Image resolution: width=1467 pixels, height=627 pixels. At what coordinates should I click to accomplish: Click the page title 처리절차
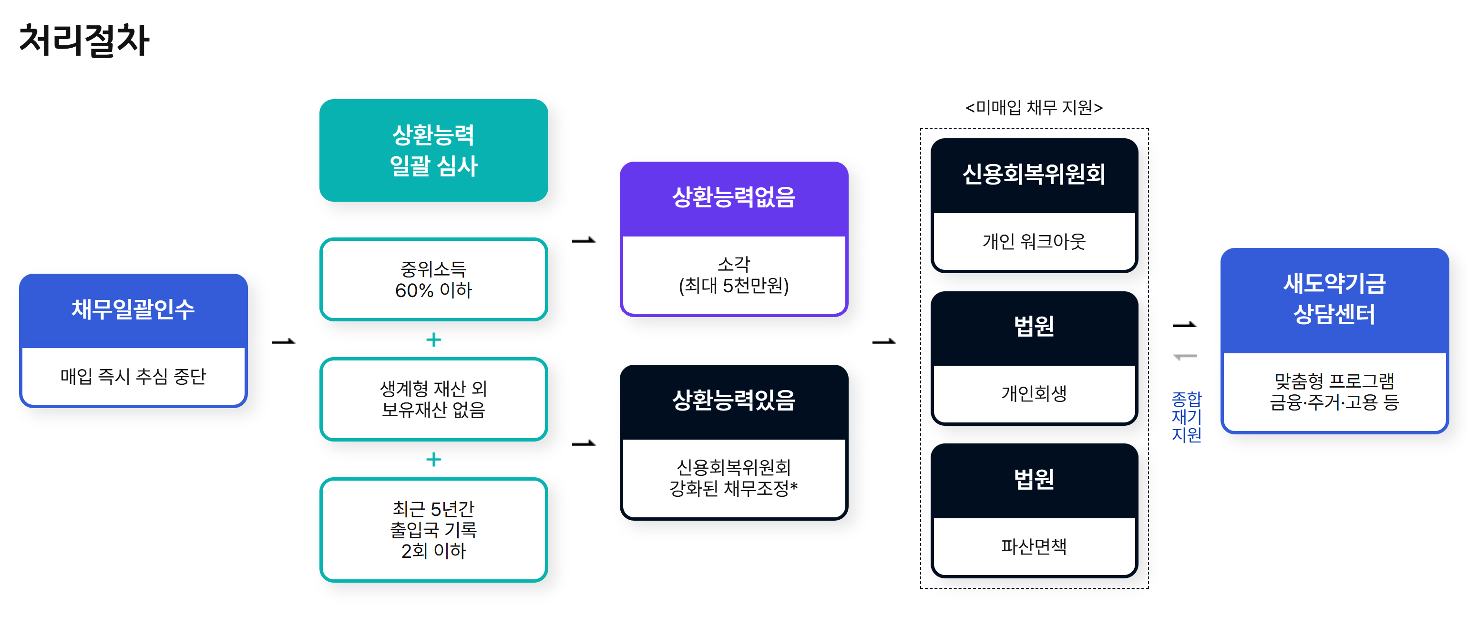[84, 41]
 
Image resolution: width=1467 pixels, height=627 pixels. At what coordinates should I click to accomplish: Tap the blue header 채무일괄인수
[133, 309]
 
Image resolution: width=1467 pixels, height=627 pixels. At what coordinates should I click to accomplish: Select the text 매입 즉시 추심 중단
[133, 376]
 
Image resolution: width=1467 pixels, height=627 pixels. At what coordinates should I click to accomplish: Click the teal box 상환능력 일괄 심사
[433, 150]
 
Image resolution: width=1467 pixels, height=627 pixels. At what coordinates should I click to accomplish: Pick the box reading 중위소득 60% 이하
[433, 279]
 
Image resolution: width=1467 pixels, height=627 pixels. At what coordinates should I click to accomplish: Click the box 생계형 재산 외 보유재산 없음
[433, 399]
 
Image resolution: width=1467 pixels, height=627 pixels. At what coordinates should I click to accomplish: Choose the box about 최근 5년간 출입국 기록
[433, 530]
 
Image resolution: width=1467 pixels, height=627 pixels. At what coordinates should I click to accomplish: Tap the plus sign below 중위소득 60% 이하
[433, 340]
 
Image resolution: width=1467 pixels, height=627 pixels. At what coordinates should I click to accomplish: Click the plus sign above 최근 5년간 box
[433, 459]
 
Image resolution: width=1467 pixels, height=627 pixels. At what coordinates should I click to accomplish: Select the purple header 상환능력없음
[733, 197]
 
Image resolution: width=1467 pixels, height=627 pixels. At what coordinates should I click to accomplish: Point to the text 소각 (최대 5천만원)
[733, 275]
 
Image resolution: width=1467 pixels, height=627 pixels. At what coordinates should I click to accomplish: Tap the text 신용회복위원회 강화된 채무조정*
[733, 478]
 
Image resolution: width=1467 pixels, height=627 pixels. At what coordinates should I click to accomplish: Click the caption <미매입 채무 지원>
[1034, 108]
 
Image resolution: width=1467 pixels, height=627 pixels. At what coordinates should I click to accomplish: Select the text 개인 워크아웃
[1034, 241]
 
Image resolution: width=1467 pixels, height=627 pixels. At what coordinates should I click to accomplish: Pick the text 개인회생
[1034, 393]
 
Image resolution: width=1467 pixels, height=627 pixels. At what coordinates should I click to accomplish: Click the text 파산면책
[1034, 546]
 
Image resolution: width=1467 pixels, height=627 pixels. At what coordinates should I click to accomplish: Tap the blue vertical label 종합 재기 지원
[1186, 416]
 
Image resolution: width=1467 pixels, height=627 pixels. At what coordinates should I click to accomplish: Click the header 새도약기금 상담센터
[1334, 298]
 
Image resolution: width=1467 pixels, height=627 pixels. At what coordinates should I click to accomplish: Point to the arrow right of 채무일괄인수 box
[283, 342]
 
